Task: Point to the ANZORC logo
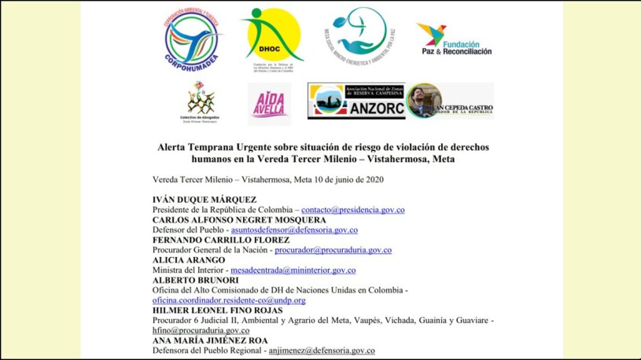355,101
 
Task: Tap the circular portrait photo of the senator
424,101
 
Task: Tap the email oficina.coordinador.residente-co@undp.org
229,300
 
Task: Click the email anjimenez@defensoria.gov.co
321,351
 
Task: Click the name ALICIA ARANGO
189,260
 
